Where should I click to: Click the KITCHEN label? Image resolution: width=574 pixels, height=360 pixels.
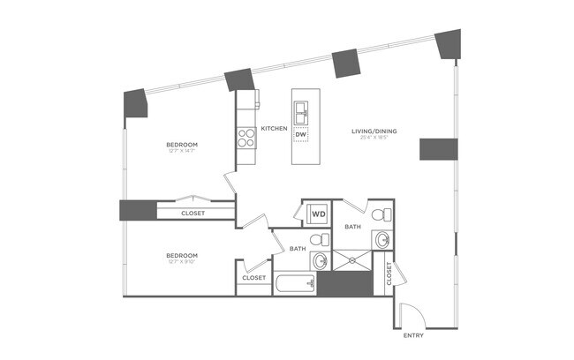[x=275, y=129]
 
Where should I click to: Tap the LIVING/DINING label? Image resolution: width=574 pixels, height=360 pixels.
[x=378, y=131]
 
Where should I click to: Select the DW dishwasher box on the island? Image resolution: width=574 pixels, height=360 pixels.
[x=300, y=135]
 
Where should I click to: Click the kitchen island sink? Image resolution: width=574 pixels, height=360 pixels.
[x=301, y=112]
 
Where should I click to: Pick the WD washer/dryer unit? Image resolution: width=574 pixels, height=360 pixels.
[x=317, y=214]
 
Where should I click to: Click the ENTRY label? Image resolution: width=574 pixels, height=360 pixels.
[x=413, y=336]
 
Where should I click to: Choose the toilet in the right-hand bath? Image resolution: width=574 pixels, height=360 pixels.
[x=379, y=214]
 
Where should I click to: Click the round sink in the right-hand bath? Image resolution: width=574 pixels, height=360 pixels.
[x=382, y=239]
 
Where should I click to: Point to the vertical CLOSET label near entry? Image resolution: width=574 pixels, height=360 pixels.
[x=389, y=277]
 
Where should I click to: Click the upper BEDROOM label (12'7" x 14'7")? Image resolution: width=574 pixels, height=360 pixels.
[x=181, y=144]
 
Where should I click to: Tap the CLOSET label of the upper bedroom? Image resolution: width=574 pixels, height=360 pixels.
[x=193, y=213]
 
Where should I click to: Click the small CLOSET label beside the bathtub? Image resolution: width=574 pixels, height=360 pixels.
[x=253, y=278]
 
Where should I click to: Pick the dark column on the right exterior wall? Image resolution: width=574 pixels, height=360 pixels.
[x=436, y=150]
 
